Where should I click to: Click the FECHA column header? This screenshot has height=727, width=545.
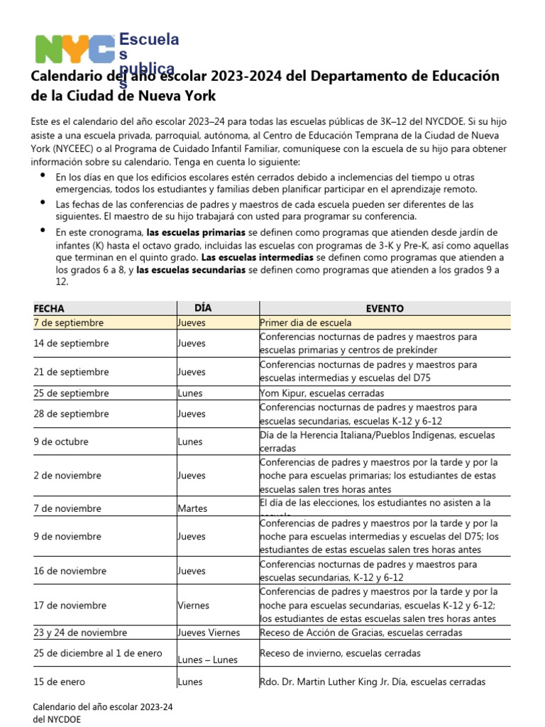pyautogui.click(x=49, y=309)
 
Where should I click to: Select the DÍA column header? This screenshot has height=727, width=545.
pyautogui.click(x=203, y=308)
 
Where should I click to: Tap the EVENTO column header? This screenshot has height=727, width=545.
pyautogui.click(x=385, y=309)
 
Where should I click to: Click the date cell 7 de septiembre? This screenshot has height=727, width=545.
pyautogui.click(x=69, y=322)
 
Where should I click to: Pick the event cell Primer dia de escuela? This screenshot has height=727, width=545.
pyautogui.click(x=305, y=322)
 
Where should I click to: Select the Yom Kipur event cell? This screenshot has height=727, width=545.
pyautogui.click(x=321, y=393)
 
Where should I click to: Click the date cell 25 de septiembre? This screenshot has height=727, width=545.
pyautogui.click(x=71, y=393)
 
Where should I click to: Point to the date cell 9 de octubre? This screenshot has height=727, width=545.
pyautogui.click(x=61, y=442)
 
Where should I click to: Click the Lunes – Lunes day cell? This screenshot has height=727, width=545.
pyautogui.click(x=207, y=660)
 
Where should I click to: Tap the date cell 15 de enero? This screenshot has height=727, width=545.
pyautogui.click(x=60, y=682)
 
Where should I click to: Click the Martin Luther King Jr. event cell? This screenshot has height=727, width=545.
pyautogui.click(x=373, y=682)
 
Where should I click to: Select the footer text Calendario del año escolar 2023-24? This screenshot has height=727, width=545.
pyautogui.click(x=104, y=708)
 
